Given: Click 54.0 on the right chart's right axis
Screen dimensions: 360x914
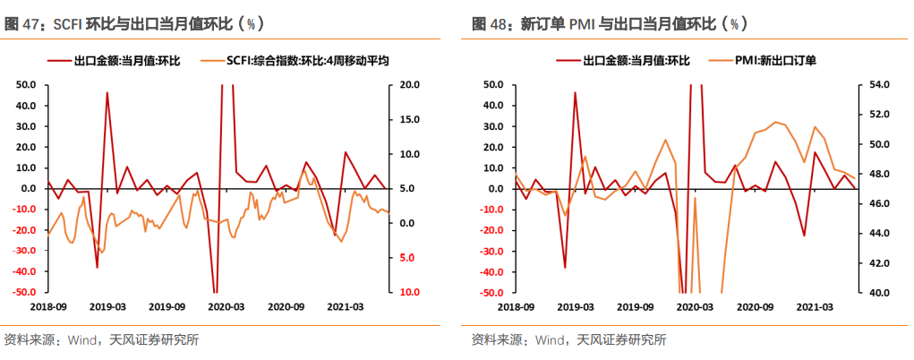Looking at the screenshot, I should point(879,85).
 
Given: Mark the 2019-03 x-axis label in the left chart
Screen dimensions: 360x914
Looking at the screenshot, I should point(107,306).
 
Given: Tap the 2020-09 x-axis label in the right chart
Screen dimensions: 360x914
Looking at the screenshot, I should point(754,306).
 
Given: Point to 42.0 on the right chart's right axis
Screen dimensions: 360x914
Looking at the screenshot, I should point(879,263).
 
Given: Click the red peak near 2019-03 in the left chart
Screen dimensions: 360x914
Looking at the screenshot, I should point(107,93).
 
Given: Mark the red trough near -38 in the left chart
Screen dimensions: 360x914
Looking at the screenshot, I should point(98,267).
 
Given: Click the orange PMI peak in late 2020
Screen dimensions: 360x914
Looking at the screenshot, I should point(775,122).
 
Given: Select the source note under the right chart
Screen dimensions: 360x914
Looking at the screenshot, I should point(569,339).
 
